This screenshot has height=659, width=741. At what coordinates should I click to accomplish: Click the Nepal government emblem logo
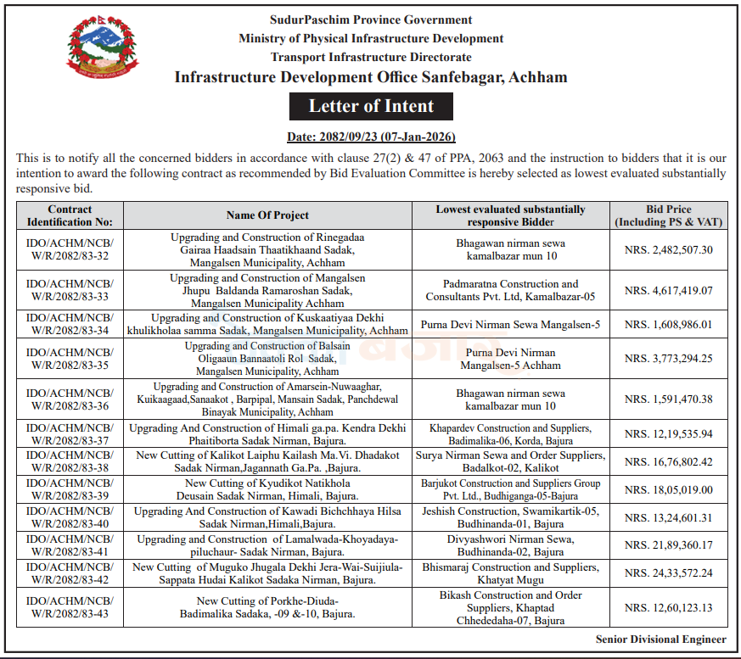pyautogui.click(x=100, y=49)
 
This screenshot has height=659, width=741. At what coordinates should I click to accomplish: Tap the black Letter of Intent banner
pyautogui.click(x=371, y=106)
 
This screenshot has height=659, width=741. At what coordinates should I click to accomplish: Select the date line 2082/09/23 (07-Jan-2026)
pyautogui.click(x=371, y=137)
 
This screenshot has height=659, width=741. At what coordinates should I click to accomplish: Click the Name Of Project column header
pyautogui.click(x=267, y=215)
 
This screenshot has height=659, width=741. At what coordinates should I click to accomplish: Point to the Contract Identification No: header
pyautogui.click(x=70, y=215)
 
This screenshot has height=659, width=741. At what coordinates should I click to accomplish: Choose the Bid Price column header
pyautogui.click(x=668, y=215)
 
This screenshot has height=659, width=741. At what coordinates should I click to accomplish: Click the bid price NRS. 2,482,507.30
pyautogui.click(x=668, y=249)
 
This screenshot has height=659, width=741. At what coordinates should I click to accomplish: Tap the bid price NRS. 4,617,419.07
pyautogui.click(x=668, y=290)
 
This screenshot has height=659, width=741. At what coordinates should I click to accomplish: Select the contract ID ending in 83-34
pyautogui.click(x=70, y=324)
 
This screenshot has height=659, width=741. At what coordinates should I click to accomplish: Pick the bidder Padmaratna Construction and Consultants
pyautogui.click(x=510, y=290)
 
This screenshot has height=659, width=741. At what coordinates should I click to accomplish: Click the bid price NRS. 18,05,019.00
pyautogui.click(x=668, y=490)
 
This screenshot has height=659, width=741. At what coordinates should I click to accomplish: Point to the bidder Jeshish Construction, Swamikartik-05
pyautogui.click(x=510, y=518)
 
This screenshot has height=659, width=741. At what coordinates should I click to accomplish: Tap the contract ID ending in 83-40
pyautogui.click(x=70, y=518)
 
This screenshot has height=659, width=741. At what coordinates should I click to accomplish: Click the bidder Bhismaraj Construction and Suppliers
pyautogui.click(x=510, y=573)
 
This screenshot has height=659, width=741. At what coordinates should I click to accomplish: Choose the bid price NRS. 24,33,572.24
pyautogui.click(x=668, y=573)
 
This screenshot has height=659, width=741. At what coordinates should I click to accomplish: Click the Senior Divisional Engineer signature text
pyautogui.click(x=660, y=639)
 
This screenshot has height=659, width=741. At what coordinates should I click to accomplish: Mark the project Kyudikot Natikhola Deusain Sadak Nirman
pyautogui.click(x=267, y=490)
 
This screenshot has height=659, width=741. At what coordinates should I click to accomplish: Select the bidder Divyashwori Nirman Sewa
pyautogui.click(x=510, y=545)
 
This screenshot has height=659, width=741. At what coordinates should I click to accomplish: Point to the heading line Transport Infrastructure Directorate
pyautogui.click(x=371, y=57)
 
